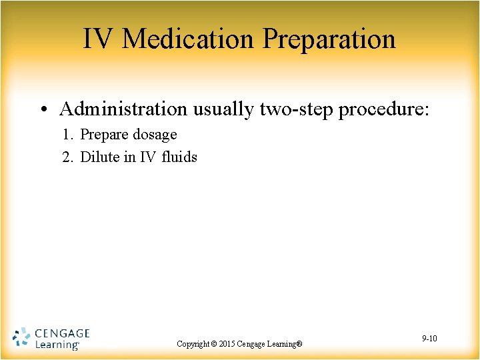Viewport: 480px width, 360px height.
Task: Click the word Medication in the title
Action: coord(189,39)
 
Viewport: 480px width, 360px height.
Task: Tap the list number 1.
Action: coord(67,135)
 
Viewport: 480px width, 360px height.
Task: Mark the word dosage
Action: coord(154,135)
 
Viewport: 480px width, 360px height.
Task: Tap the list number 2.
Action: coord(67,157)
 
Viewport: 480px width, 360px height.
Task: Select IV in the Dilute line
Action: coord(147,157)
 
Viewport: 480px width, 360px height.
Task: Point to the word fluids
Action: coord(179,157)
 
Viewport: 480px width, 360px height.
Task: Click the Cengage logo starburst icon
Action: coord(21,338)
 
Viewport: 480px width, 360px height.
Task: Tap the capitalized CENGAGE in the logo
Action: coord(61,333)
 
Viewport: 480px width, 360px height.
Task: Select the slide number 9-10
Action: coord(429,339)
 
